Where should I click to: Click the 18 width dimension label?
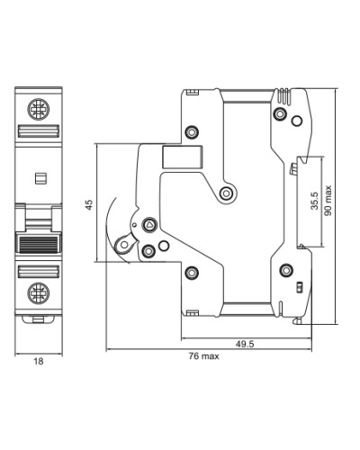tap(39, 362)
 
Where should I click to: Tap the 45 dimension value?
tap(89, 204)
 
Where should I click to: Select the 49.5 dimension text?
tap(245, 344)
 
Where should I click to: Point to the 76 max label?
tap(203, 356)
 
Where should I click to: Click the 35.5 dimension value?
tap(314, 201)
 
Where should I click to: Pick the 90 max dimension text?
tap(328, 201)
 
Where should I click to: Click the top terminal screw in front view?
tap(39, 109)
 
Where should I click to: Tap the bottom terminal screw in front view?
tap(39, 292)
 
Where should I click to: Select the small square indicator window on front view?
tap(40, 178)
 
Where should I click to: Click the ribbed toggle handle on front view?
tap(39, 243)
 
